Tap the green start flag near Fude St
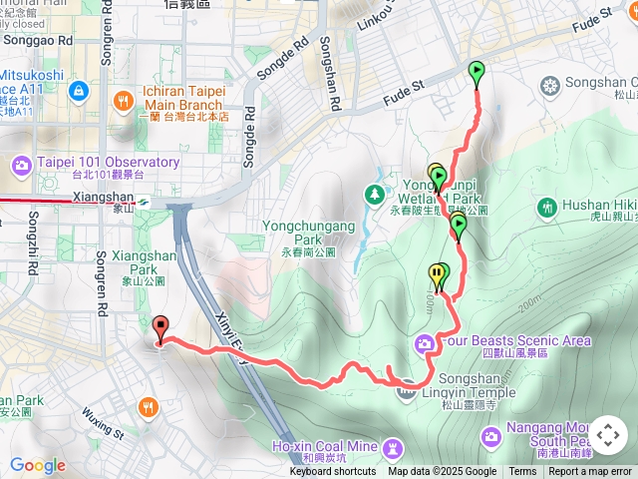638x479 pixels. point(477,72)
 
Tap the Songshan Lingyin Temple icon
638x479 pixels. point(406,390)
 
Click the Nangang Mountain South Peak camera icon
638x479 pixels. point(490,436)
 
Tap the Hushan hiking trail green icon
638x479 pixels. point(546,208)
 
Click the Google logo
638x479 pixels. point(37,465)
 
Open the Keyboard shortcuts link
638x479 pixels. point(333,472)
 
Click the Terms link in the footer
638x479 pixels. point(522,472)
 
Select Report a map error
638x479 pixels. point(590,472)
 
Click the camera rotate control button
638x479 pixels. point(607,435)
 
